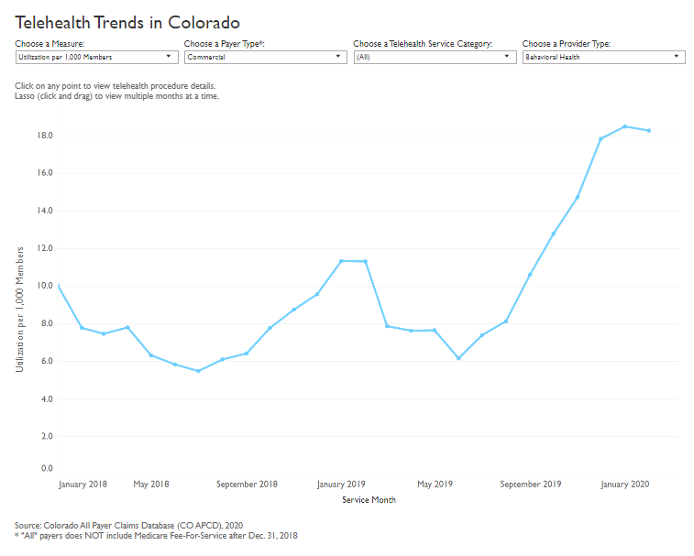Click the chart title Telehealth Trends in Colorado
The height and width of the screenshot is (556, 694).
pyautogui.click(x=127, y=21)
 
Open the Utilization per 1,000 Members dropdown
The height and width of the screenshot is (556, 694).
pyautogui.click(x=95, y=57)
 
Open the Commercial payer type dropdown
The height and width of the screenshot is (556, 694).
pyautogui.click(x=264, y=57)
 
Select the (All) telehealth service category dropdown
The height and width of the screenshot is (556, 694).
pyautogui.click(x=435, y=57)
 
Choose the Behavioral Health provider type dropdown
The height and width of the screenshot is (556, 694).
pyautogui.click(x=603, y=57)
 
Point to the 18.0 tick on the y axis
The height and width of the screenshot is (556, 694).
pyautogui.click(x=45, y=136)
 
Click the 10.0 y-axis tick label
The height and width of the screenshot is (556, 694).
pyautogui.click(x=45, y=286)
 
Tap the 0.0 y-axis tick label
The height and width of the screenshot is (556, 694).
pyautogui.click(x=47, y=468)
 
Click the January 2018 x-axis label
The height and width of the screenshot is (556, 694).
pyautogui.click(x=83, y=484)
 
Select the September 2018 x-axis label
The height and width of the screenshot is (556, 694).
pyautogui.click(x=247, y=484)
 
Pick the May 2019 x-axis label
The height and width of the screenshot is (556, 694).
pyautogui.click(x=435, y=484)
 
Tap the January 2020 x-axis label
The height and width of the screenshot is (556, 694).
pyautogui.click(x=625, y=484)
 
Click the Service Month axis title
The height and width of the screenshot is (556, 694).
pyautogui.click(x=369, y=500)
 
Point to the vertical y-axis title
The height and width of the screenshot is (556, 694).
pyautogui.click(x=19, y=309)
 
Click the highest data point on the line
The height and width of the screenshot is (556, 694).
pyautogui.click(x=625, y=126)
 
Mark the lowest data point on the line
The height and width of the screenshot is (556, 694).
pyautogui.click(x=198, y=371)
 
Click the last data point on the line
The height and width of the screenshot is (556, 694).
pyautogui.click(x=649, y=130)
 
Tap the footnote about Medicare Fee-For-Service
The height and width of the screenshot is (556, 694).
pyautogui.click(x=156, y=536)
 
